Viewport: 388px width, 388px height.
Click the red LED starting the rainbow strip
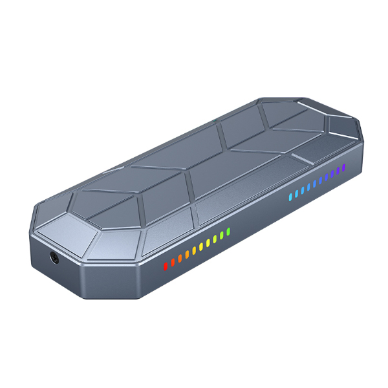point(165,264)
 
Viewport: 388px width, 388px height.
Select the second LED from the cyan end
point(296,193)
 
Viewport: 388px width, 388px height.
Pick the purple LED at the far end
point(344,167)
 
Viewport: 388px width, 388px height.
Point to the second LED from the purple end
point(338,171)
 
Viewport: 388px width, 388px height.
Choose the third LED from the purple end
point(332,174)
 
